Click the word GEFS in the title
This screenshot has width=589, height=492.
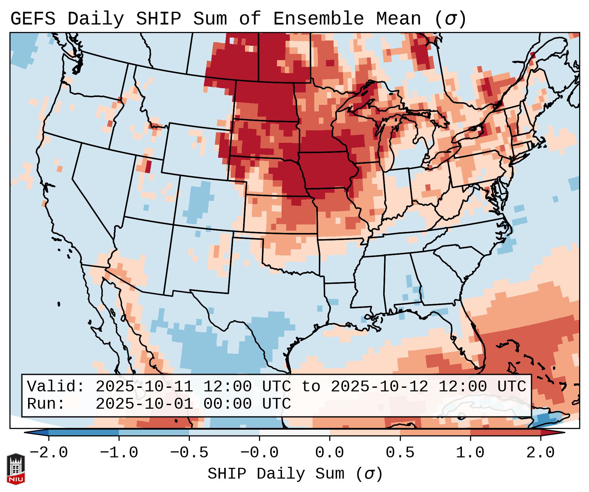33,19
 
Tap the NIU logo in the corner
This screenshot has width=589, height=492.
16,469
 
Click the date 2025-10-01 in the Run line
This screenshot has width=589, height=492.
144,404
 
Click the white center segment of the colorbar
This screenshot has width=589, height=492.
294,433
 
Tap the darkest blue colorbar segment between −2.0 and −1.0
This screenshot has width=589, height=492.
84,433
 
